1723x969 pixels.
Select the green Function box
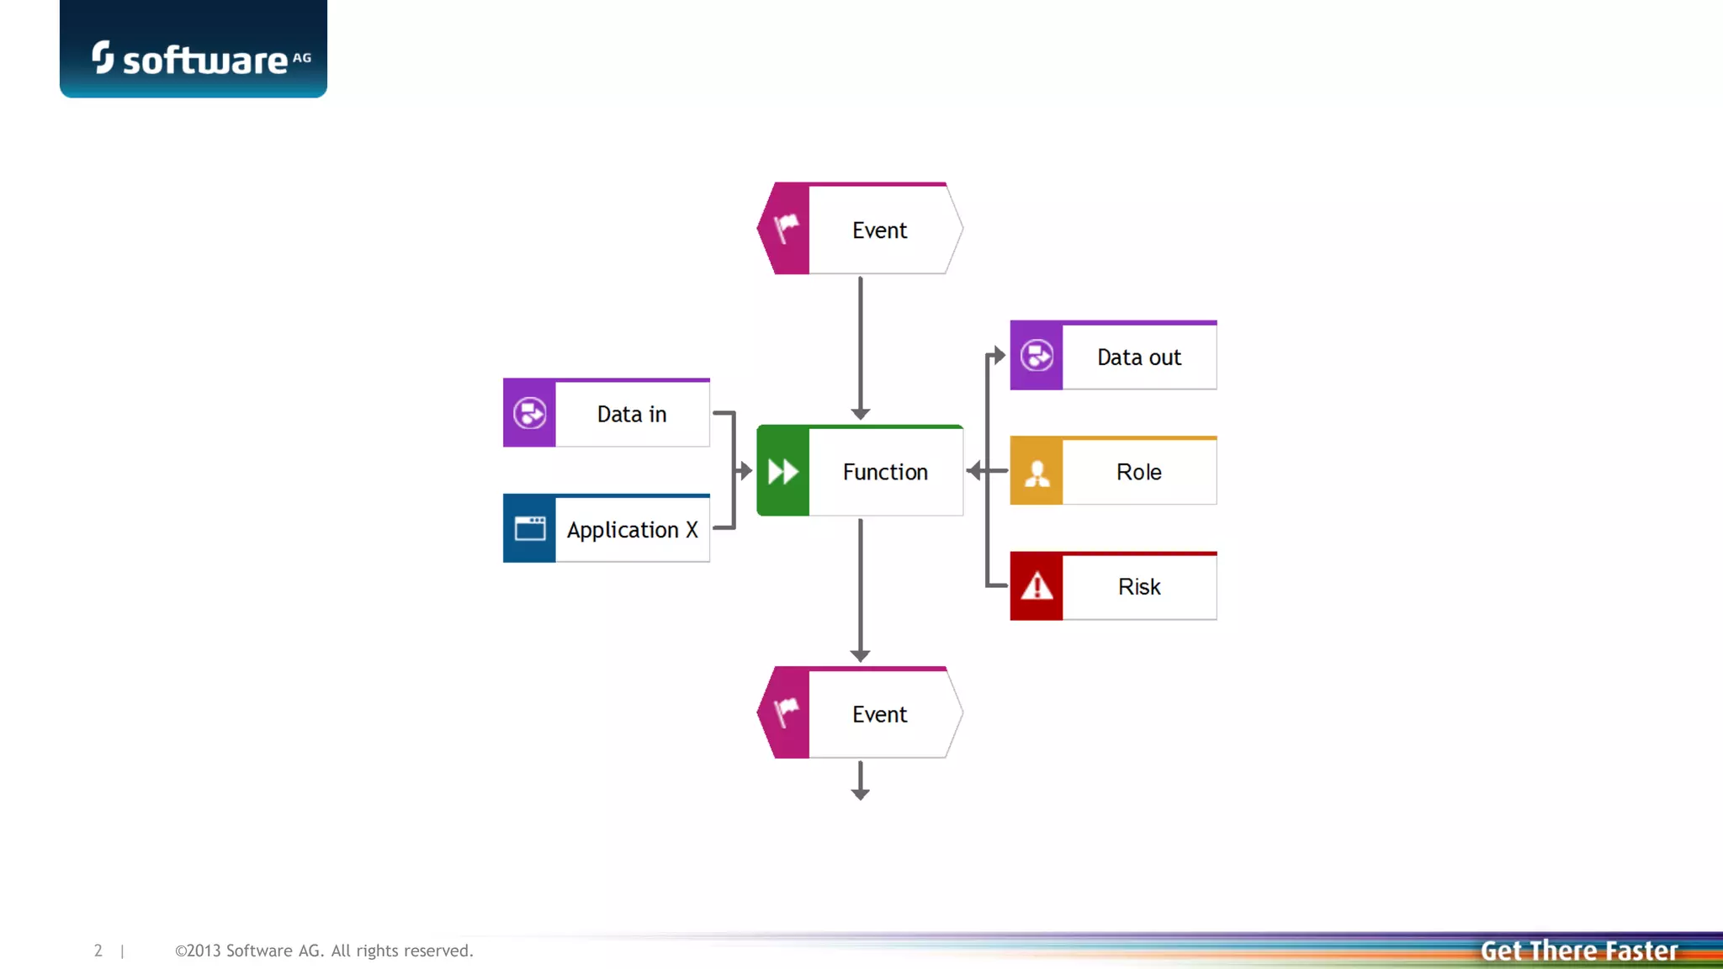pos(860,471)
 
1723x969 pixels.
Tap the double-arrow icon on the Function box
pos(783,471)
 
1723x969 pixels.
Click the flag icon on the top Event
pos(786,228)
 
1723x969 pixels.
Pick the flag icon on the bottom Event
pos(786,712)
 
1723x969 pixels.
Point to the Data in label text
pos(632,414)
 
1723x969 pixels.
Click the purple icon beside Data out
pos(1036,356)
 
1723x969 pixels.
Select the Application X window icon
pos(530,528)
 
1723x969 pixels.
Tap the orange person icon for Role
pos(1036,472)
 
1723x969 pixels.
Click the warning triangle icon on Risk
pos(1036,586)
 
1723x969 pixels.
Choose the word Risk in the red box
pos(1139,586)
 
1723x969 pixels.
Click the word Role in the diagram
pos(1139,472)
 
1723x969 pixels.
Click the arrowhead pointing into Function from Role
pos(974,471)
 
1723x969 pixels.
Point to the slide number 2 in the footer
pos(98,950)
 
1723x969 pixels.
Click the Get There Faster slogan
pos(1579,950)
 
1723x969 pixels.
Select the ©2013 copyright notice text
pos(324,950)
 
